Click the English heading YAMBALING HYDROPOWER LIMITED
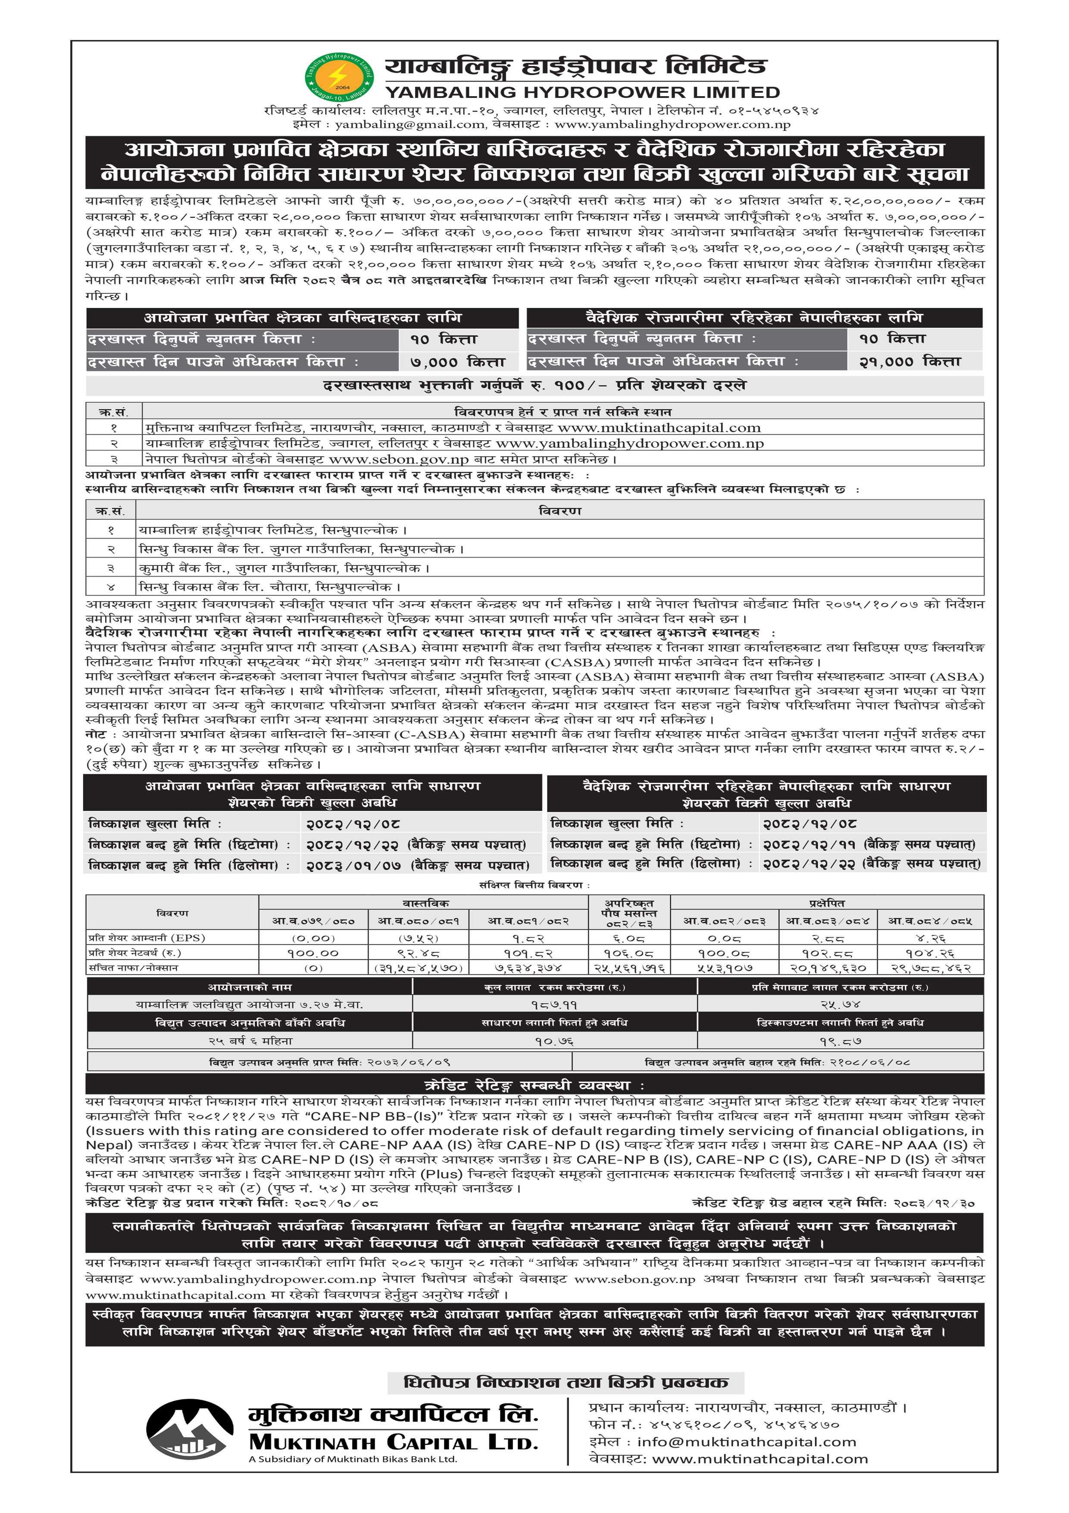(x=582, y=92)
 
